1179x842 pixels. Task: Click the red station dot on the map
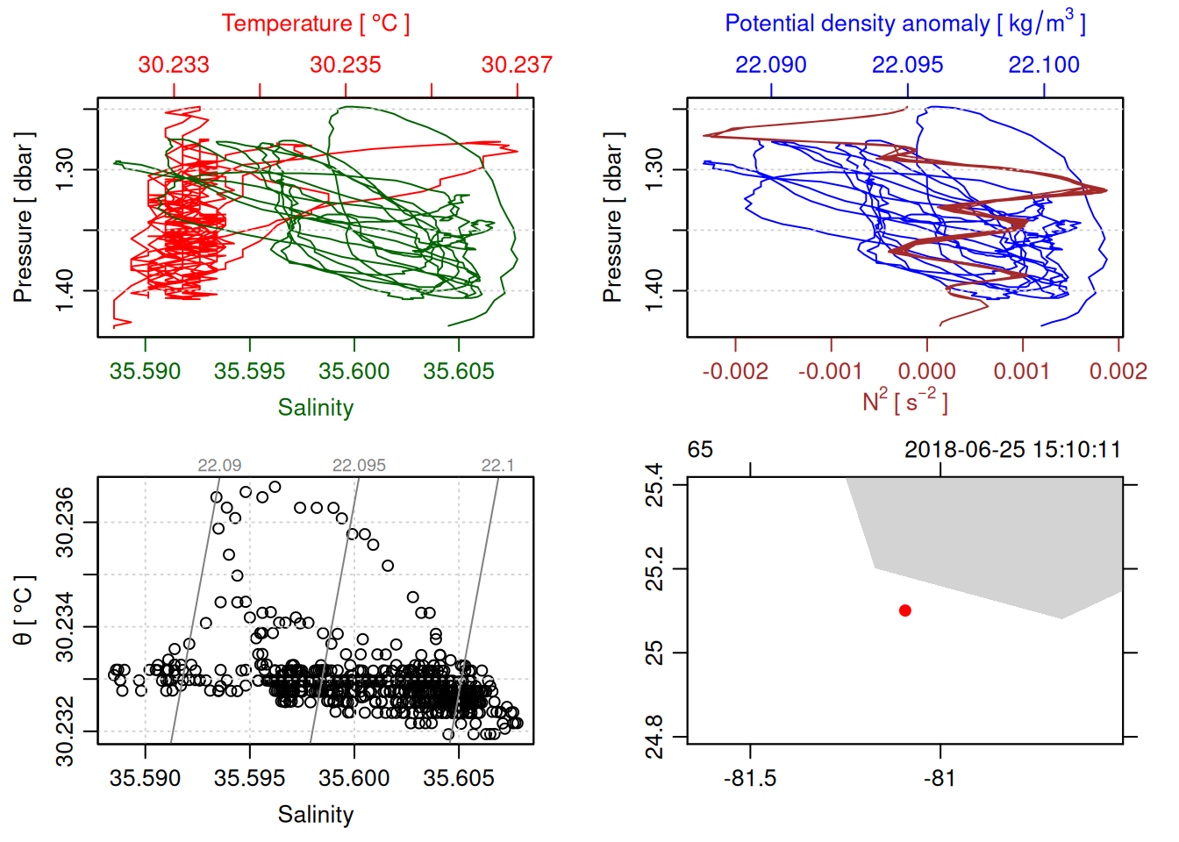[x=904, y=610]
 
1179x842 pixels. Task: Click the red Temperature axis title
[x=315, y=24]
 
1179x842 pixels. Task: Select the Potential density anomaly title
[x=904, y=23]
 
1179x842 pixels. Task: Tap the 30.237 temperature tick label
[x=517, y=65]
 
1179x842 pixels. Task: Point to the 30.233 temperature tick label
[x=174, y=65]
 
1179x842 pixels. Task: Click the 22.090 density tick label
[x=770, y=65]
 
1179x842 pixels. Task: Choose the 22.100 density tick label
[x=1044, y=65]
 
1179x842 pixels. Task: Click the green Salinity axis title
[x=315, y=408]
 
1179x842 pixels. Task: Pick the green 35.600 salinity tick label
[x=354, y=372]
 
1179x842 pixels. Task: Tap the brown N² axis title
[x=904, y=402]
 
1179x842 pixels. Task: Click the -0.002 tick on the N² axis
[x=735, y=372]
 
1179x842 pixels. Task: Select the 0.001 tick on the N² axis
[x=1022, y=372]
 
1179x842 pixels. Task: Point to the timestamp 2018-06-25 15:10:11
[x=1012, y=450]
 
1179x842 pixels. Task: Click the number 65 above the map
[x=700, y=450]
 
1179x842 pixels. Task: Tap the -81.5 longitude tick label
[x=750, y=779]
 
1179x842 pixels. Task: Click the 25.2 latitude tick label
[x=655, y=569]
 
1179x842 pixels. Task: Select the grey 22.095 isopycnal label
[x=359, y=466]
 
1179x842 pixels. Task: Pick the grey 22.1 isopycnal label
[x=497, y=466]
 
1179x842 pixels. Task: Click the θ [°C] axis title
[x=24, y=610]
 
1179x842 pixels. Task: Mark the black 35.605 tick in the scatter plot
[x=458, y=779]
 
